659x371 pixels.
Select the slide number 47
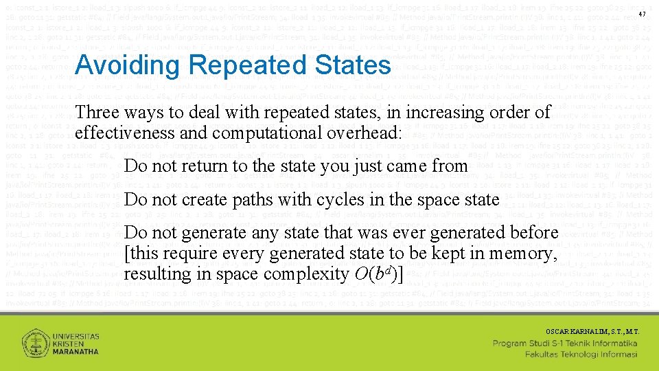[x=643, y=15]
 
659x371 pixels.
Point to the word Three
[x=97, y=111]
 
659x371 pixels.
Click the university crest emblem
[x=34, y=343]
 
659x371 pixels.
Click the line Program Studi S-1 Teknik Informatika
[x=566, y=343]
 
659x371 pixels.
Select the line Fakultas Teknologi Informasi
[x=581, y=355]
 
